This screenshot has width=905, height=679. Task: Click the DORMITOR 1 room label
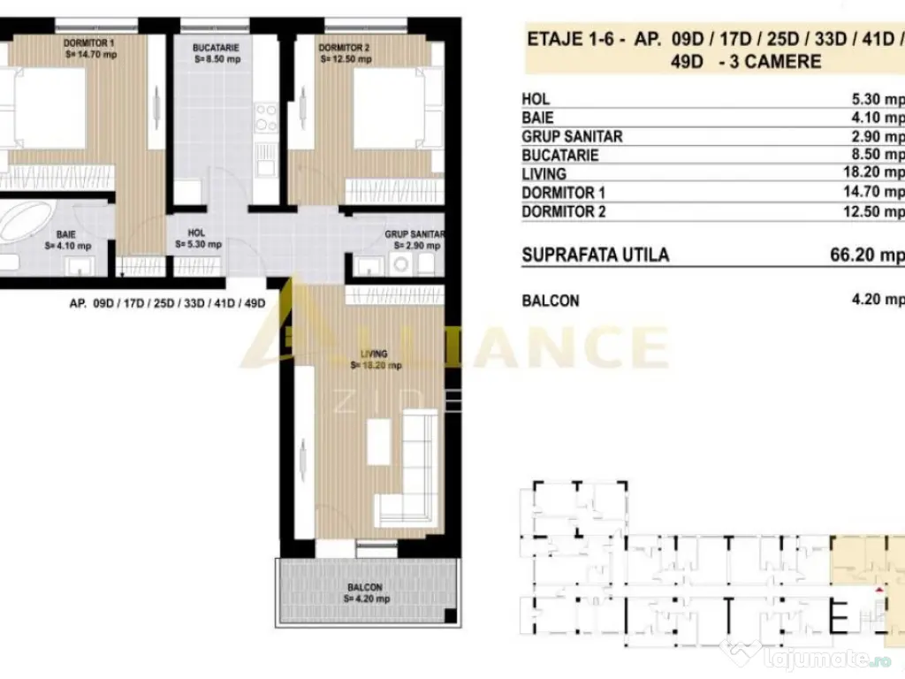point(88,42)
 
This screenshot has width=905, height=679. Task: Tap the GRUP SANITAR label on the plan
point(413,234)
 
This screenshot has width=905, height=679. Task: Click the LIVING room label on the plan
point(375,354)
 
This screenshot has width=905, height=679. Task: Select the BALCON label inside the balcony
point(364,587)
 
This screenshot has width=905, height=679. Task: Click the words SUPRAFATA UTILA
point(595,256)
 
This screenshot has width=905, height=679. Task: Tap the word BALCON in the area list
point(551,301)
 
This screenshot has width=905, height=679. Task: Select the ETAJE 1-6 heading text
point(560,39)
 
